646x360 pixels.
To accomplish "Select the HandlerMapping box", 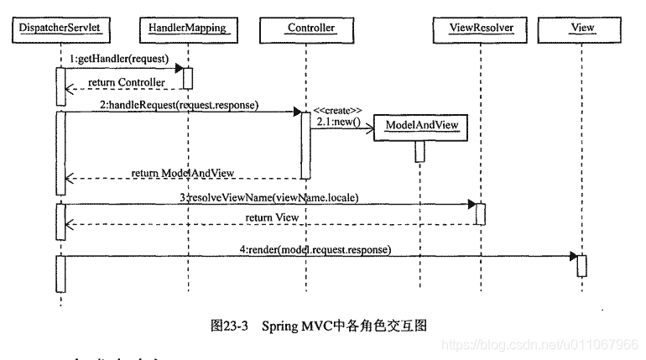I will [188, 29].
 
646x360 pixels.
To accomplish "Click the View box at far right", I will [581, 29].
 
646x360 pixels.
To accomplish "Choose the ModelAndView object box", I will [420, 125].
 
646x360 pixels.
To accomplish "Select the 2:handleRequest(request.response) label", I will [179, 105].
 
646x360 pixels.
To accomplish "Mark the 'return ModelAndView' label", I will [183, 172].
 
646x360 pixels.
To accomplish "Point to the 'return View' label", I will [272, 217].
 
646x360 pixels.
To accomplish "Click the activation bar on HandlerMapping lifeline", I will [188, 78].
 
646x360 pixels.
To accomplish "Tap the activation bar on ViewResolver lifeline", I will [481, 213].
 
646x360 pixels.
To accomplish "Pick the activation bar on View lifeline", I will [581, 265].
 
